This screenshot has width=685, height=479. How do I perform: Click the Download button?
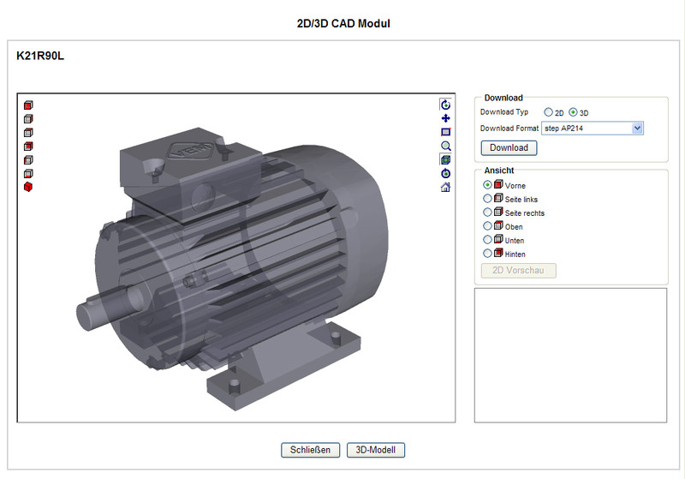tap(509, 147)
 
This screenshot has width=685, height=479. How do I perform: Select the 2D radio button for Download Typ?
tap(548, 112)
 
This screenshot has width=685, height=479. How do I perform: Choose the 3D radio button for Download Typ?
tap(573, 112)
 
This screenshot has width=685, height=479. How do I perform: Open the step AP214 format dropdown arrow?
tap(637, 128)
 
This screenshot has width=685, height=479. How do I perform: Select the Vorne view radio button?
tap(487, 185)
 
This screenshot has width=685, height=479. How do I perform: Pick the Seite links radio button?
tap(487, 199)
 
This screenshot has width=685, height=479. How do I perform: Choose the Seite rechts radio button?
tap(487, 213)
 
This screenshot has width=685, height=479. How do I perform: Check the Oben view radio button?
tap(487, 226)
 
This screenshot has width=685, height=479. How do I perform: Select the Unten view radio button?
tap(487, 240)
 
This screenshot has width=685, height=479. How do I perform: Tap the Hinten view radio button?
tap(487, 254)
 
